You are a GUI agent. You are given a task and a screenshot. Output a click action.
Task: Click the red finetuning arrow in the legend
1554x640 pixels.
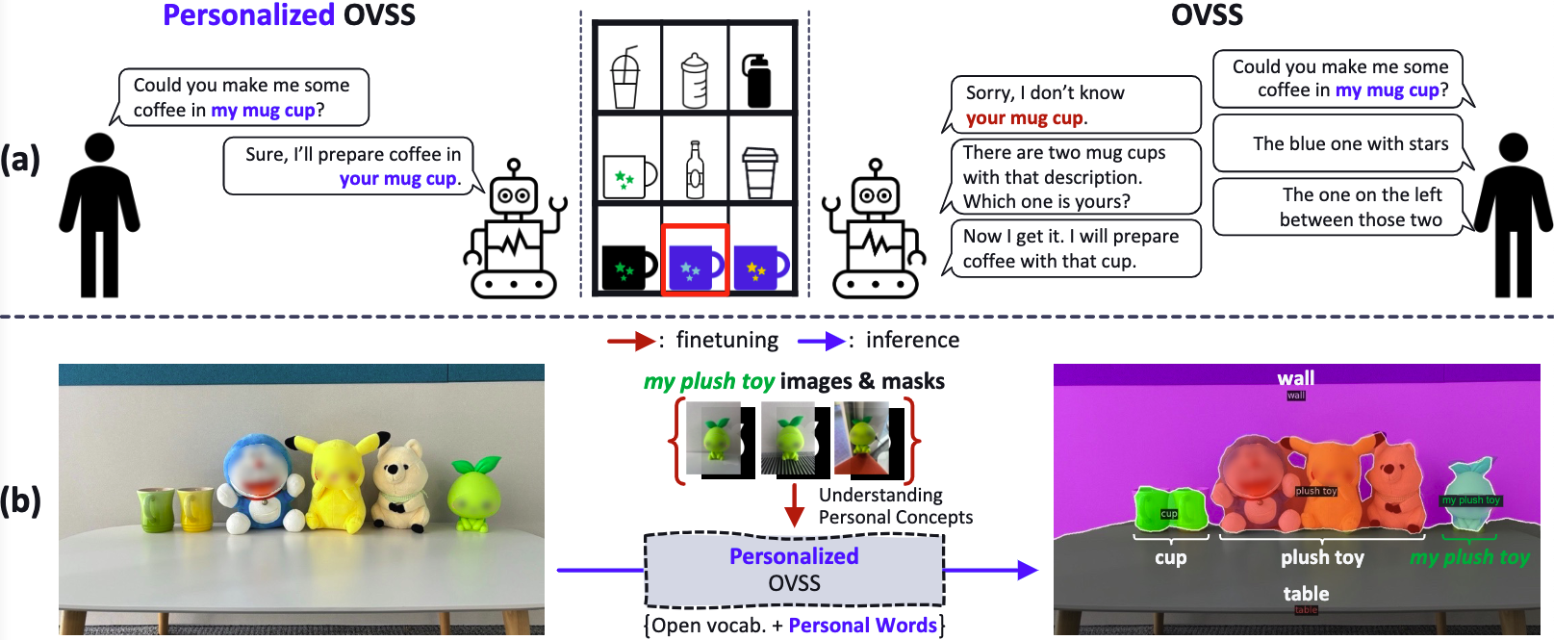(x=631, y=341)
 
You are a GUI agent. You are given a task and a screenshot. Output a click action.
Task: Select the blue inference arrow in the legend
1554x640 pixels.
(x=821, y=341)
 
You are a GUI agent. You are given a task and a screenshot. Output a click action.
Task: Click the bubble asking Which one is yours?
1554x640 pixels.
(x=1072, y=177)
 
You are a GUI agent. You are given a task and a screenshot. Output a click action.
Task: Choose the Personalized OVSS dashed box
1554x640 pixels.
(x=794, y=570)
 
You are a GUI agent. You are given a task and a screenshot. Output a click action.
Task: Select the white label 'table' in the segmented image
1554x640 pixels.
(x=1306, y=594)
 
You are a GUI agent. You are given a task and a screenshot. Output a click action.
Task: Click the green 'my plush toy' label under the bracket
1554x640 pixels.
(x=1469, y=557)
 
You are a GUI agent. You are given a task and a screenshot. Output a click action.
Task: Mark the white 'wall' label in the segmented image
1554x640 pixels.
(x=1295, y=378)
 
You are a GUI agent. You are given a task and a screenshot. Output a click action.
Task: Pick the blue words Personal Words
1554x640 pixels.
(x=862, y=626)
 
